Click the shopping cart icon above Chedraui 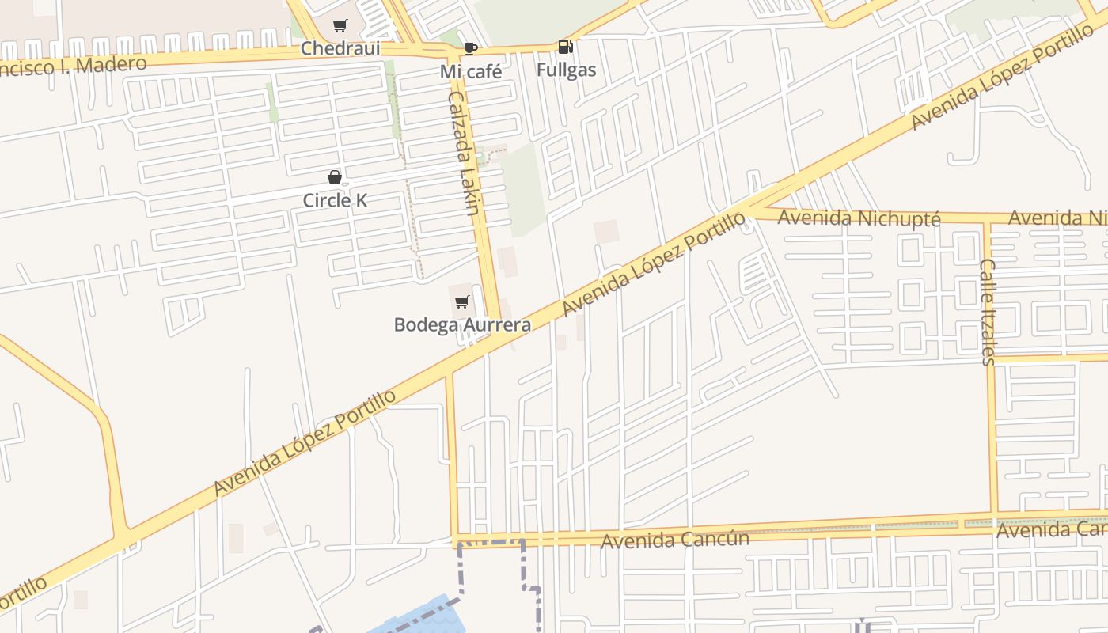340,26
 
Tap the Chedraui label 340,48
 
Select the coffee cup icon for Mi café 471,49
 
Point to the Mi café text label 471,72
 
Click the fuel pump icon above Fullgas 565,47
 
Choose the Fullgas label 566,70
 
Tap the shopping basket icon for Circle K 335,177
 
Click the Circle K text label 335,200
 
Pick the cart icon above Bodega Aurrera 462,301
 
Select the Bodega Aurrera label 462,324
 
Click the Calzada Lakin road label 463,154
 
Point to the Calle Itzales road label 988,312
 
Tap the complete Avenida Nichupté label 859,218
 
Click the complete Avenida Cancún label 675,540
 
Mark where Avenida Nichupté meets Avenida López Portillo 748,210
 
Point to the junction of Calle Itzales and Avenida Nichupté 987,219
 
